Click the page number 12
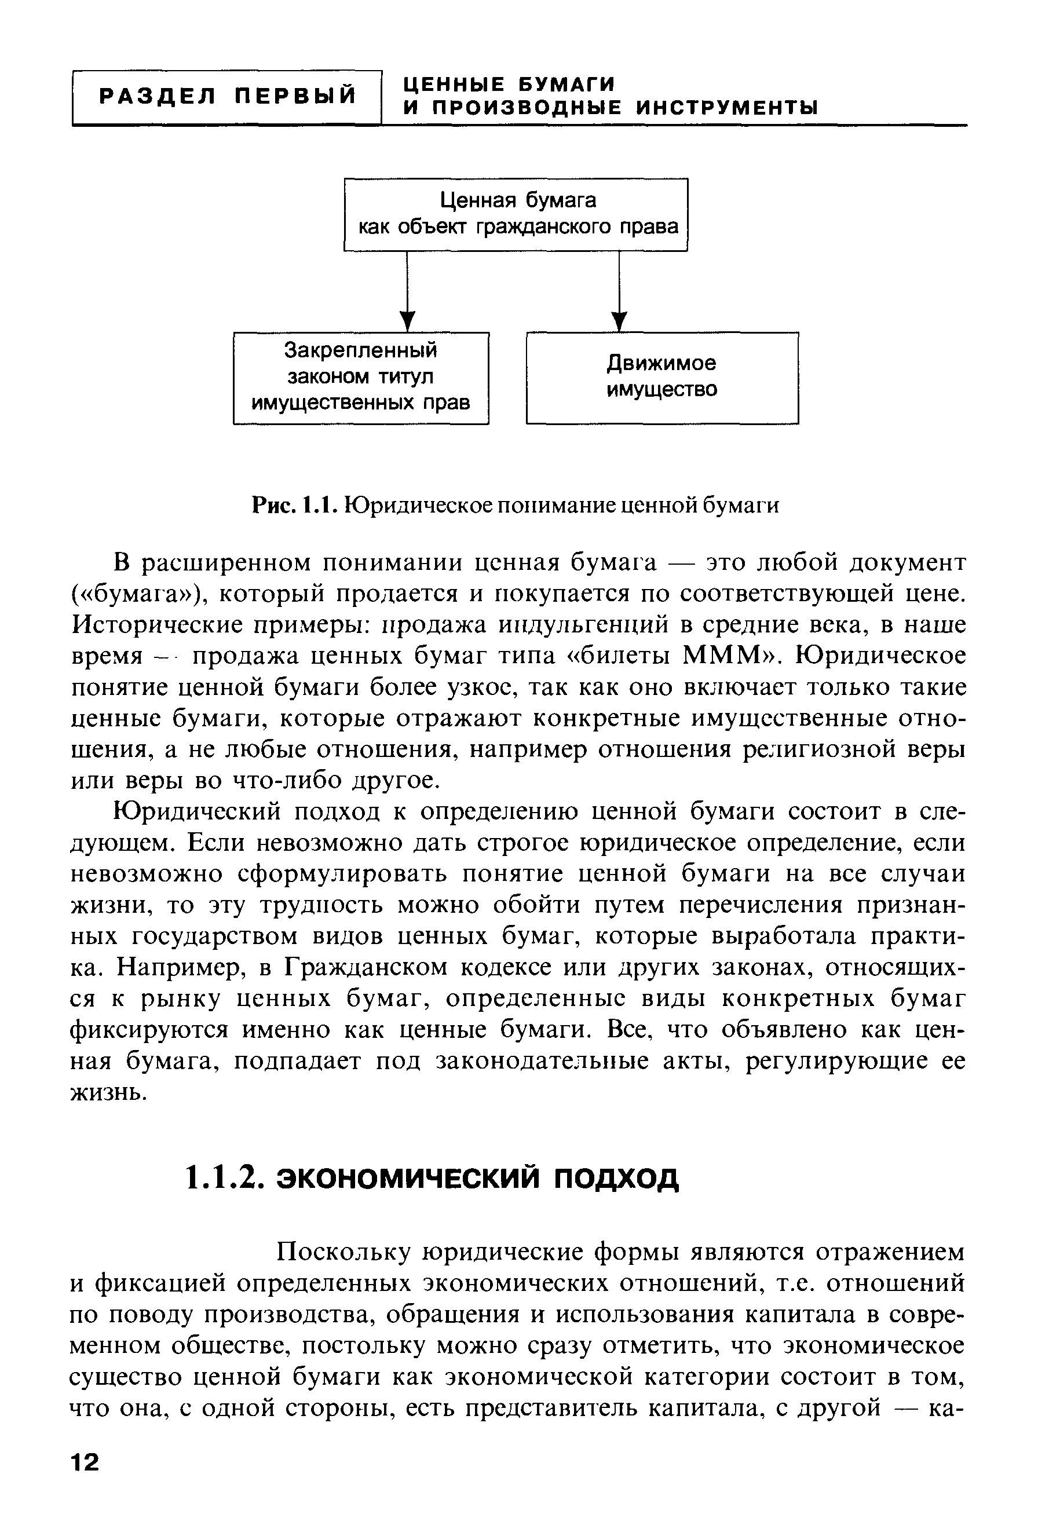(x=84, y=1461)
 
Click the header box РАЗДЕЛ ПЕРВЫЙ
(x=227, y=97)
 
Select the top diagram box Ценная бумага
(x=516, y=214)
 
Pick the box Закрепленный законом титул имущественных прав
(x=361, y=377)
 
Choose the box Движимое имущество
(x=662, y=377)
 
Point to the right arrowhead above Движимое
(x=619, y=321)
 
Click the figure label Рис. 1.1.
(x=296, y=506)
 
